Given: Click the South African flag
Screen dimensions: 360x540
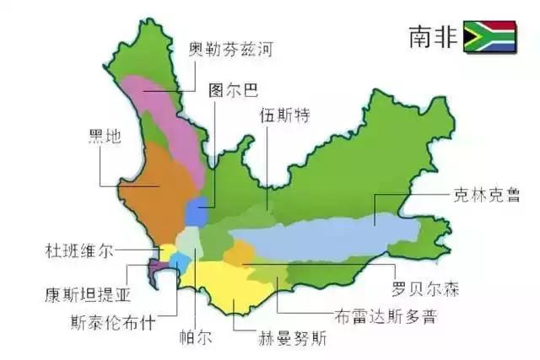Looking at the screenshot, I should coord(493,37).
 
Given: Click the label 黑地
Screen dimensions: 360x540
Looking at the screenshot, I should coord(106,137).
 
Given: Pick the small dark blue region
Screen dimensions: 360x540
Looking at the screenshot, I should coord(196,212).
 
